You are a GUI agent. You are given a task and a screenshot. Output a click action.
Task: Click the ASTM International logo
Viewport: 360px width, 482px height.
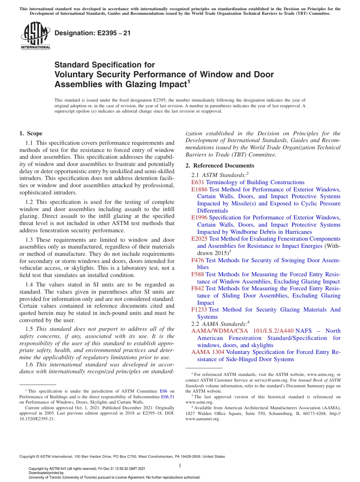35,36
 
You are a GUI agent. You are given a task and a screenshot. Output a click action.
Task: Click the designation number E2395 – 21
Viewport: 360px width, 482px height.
92,33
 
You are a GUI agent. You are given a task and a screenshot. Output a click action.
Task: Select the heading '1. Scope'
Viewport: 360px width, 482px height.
31,133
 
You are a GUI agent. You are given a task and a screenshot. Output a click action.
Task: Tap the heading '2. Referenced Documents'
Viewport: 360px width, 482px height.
220,166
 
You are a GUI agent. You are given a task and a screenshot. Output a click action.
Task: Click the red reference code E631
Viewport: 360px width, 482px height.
198,182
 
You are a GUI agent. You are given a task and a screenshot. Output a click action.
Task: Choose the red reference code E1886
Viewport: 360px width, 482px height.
199,189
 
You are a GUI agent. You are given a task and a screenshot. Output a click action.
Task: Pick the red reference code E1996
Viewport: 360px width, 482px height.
199,218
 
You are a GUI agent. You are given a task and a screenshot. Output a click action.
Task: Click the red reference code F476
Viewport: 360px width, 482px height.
198,260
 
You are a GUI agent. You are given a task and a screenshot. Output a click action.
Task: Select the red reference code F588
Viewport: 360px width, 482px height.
198,274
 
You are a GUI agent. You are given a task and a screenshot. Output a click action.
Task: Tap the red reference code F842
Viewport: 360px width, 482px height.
198,288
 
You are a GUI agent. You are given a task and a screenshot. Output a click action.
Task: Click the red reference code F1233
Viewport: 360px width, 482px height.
199,310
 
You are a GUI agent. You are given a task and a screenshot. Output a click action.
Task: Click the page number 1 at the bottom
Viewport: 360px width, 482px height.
180,465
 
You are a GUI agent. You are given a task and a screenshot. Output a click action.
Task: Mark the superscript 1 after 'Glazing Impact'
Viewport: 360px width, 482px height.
189,81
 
